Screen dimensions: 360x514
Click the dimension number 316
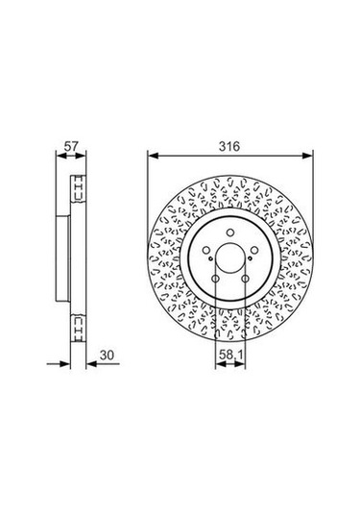coord(229,146)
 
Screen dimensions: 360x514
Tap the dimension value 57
coord(71,146)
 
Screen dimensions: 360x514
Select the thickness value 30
coord(107,355)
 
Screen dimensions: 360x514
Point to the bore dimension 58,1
coord(230,355)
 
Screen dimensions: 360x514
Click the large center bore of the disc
coord(230,260)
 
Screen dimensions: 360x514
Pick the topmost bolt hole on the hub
coord(230,233)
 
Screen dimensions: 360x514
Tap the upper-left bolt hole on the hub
coord(206,251)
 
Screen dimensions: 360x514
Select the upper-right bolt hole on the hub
coord(254,251)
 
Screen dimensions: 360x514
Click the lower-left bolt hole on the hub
coord(215,279)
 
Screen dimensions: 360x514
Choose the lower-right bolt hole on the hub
coord(246,279)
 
